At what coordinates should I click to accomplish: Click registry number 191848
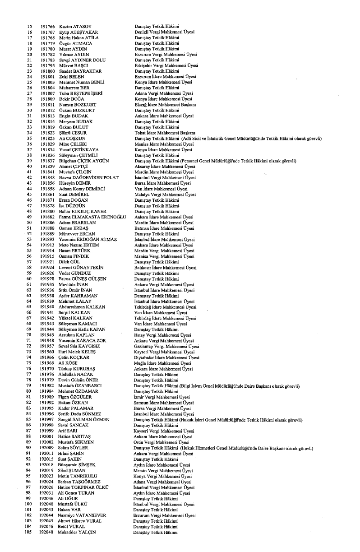click(x=46, y=178)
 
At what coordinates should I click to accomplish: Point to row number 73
click(x=30, y=352)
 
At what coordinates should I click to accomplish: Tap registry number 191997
click(x=46, y=420)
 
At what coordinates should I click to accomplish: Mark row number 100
click(x=29, y=504)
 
